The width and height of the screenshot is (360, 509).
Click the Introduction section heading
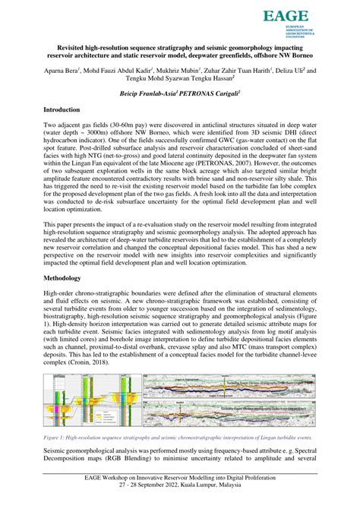[67, 110]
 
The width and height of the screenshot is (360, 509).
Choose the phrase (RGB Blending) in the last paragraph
[139, 459]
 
